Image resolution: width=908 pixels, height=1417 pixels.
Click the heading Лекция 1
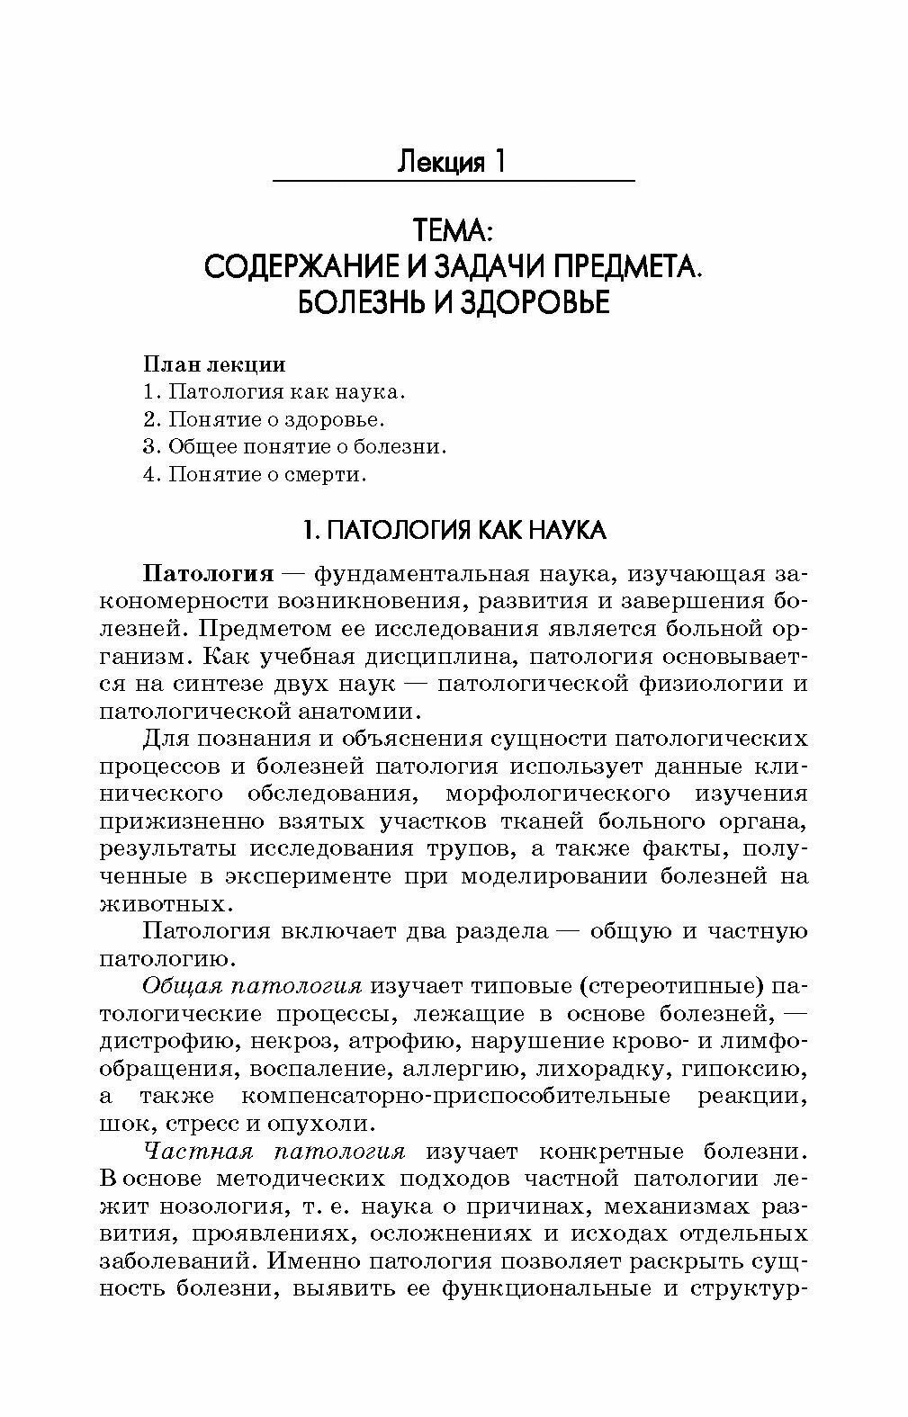(x=452, y=162)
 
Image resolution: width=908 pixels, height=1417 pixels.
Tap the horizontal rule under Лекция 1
(x=453, y=182)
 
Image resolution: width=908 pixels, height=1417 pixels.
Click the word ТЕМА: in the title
(x=453, y=231)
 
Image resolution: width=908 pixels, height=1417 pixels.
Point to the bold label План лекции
(x=214, y=364)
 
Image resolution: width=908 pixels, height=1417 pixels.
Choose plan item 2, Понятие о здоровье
(x=264, y=419)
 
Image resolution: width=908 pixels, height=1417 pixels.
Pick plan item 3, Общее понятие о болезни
(x=294, y=446)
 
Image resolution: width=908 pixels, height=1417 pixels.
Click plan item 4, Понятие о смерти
(x=255, y=474)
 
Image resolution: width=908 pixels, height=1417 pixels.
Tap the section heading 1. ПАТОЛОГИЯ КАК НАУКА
(x=453, y=531)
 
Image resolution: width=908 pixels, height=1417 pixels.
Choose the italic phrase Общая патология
(x=252, y=986)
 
